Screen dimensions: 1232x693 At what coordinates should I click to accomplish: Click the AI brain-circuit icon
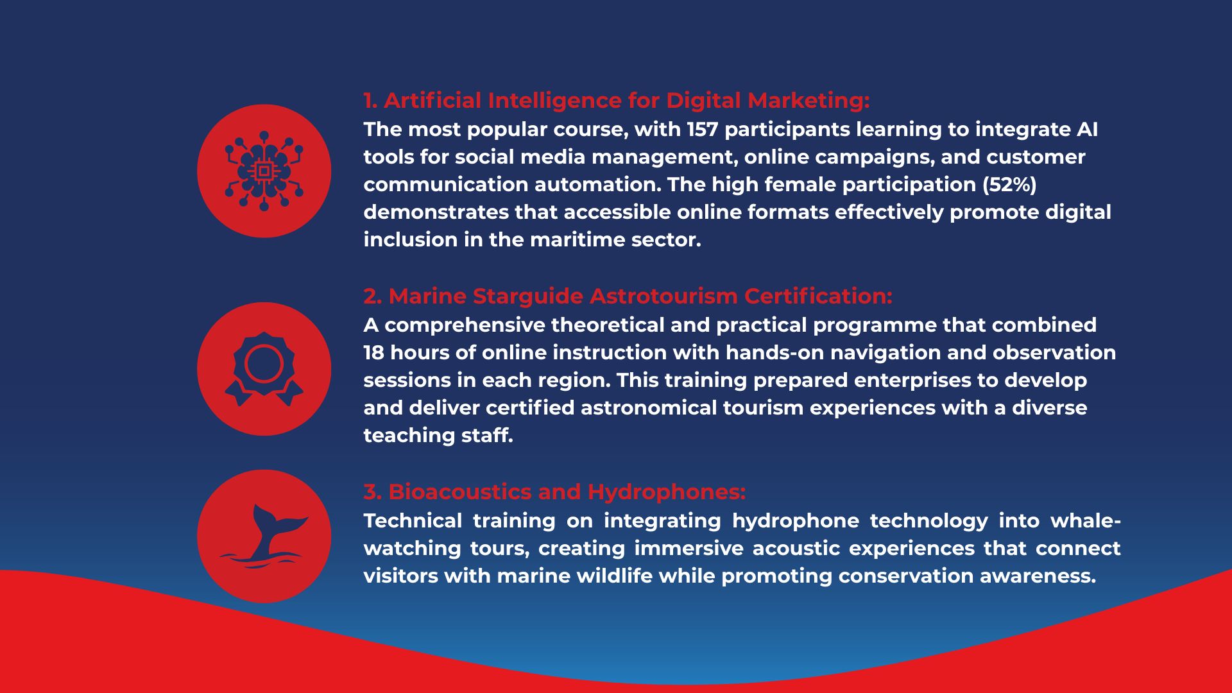[264, 171]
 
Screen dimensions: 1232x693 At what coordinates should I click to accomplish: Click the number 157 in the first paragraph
[703, 130]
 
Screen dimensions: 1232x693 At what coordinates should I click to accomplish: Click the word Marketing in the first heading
[809, 101]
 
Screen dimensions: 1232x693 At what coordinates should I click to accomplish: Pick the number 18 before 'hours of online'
[373, 353]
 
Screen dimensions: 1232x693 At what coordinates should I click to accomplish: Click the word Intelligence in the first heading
[555, 101]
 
